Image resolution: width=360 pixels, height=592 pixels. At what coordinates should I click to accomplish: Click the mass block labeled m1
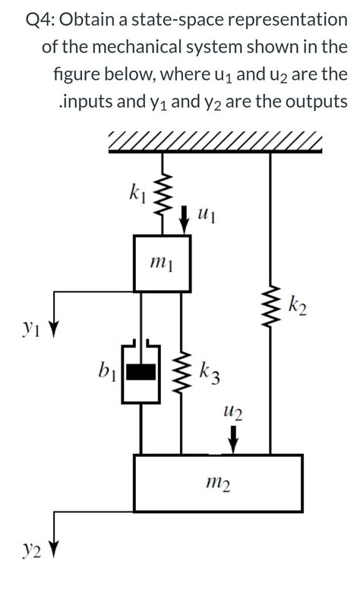tap(162, 263)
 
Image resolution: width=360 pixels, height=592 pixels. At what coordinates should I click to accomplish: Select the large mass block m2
tap(218, 483)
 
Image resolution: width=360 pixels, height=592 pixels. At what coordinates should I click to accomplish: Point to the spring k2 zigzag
tap(270, 307)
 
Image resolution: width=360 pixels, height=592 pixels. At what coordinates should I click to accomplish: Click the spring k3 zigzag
tap(182, 372)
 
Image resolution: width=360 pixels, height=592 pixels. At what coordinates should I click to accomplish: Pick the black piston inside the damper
tap(141, 372)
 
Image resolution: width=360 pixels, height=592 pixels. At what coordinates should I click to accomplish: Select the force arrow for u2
tap(234, 439)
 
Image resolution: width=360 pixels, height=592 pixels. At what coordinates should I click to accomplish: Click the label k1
tap(137, 194)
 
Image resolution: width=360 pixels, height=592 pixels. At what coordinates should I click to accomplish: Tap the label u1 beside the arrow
tap(207, 218)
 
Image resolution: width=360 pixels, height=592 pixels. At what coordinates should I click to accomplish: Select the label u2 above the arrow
tap(232, 414)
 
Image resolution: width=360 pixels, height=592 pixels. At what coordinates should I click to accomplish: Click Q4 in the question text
tap(39, 20)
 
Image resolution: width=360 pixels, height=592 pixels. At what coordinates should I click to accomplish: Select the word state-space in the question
tap(178, 20)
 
